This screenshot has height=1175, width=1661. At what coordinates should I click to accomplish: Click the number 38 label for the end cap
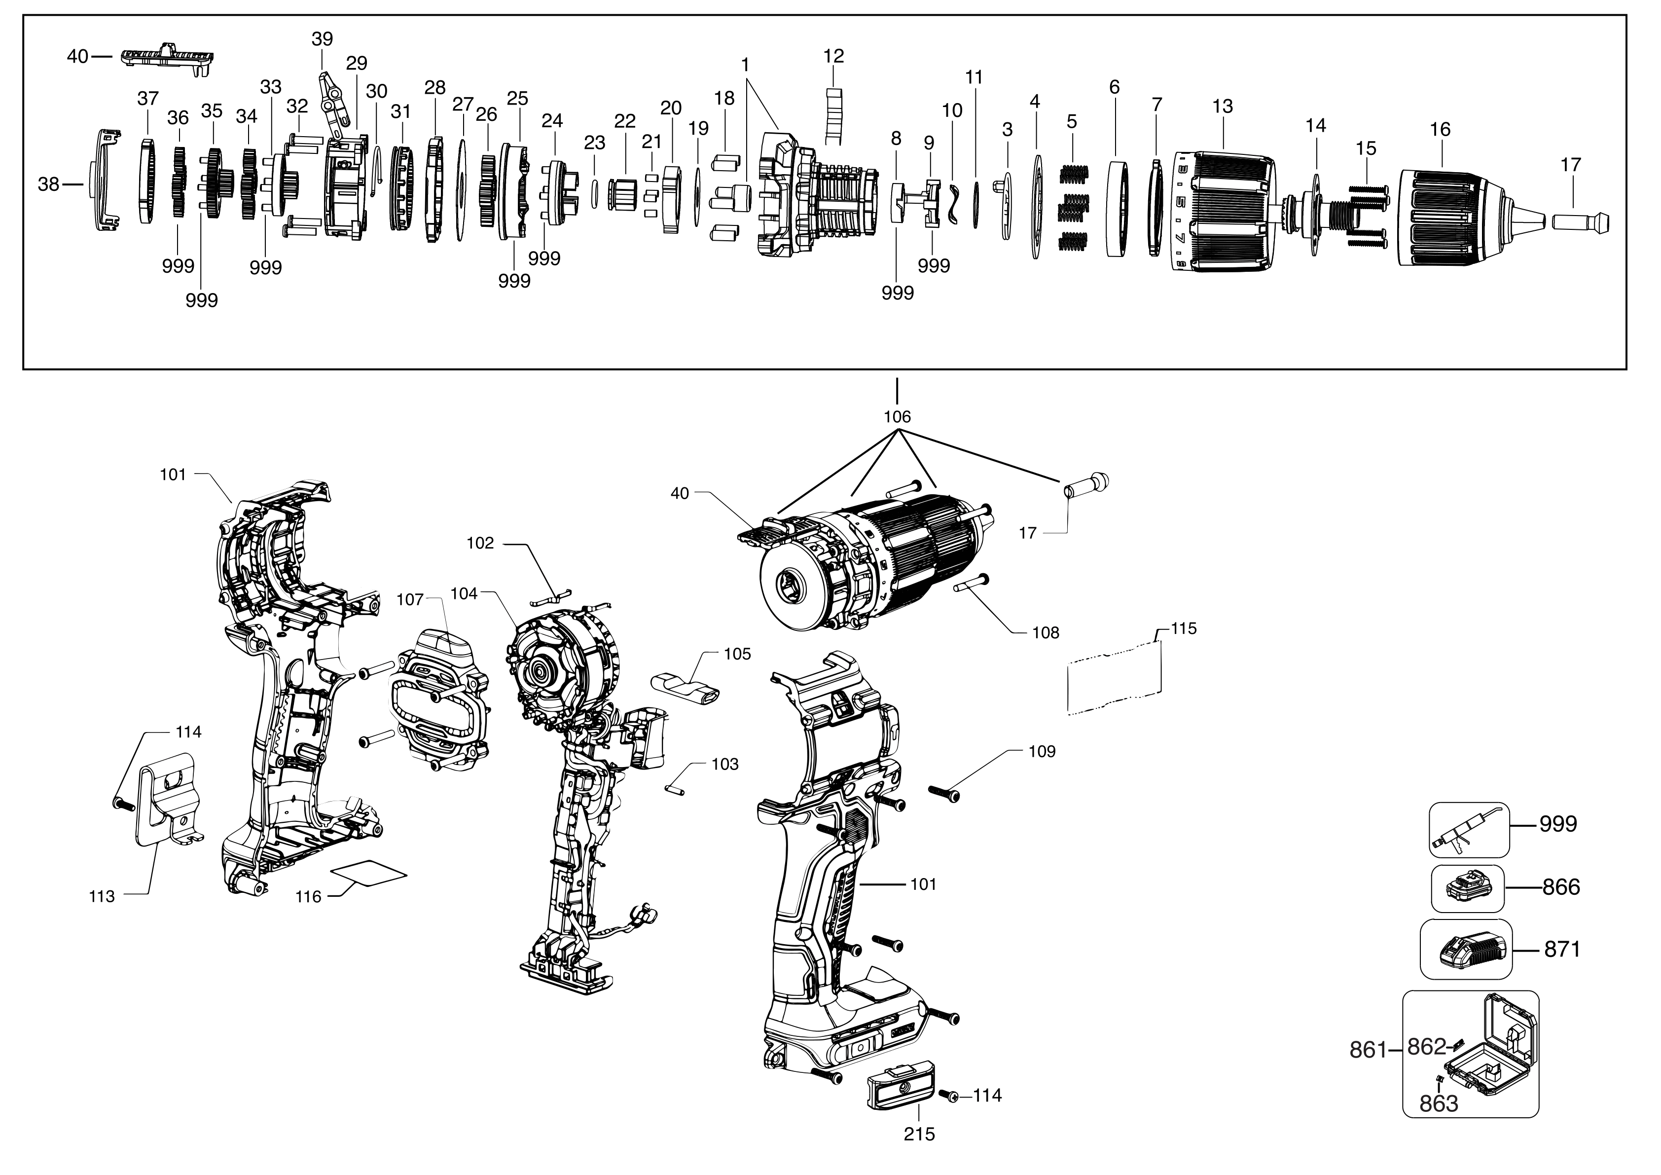pos(48,184)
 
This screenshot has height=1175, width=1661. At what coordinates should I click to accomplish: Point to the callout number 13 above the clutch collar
pos(1222,107)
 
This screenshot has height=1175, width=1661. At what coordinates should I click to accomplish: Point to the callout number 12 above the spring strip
pos(833,56)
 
